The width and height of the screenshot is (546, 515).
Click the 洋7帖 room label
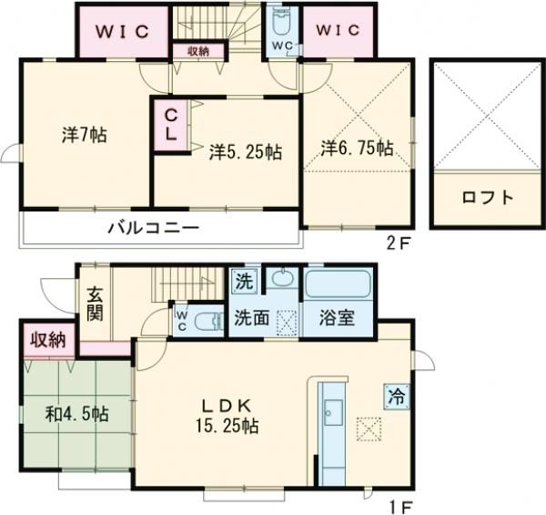click(x=85, y=136)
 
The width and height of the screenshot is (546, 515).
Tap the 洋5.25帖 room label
click(x=244, y=151)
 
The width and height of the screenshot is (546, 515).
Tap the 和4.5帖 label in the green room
click(x=77, y=413)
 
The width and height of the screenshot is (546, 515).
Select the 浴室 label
click(x=338, y=320)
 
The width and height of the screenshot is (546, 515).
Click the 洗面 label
click(x=249, y=320)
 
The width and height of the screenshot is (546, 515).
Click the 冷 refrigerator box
click(x=395, y=396)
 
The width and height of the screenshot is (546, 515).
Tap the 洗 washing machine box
click(x=243, y=281)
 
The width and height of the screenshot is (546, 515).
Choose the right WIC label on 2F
click(x=339, y=30)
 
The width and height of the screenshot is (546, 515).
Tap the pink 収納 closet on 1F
click(x=46, y=340)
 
